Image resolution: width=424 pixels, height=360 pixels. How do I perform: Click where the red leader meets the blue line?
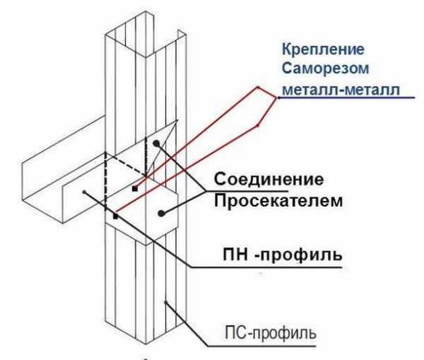pos(278,100)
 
